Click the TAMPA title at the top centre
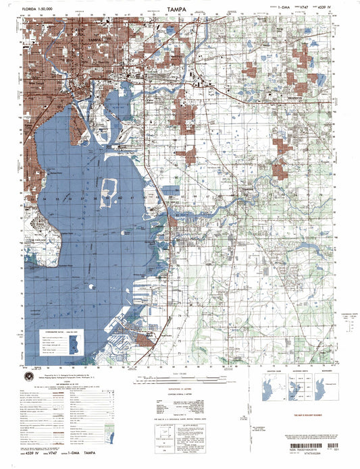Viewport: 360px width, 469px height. tap(179, 10)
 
